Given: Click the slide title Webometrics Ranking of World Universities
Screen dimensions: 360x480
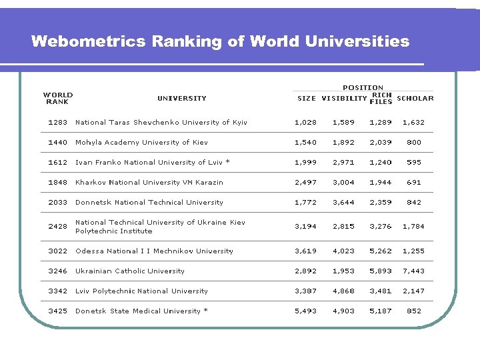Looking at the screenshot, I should click(220, 41).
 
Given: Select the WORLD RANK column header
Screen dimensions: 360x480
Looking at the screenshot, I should click(58, 98).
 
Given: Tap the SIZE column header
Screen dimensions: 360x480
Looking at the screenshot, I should click(307, 99).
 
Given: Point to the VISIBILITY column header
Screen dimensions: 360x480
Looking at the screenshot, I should click(344, 99).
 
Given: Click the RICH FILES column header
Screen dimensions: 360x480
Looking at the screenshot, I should click(381, 98).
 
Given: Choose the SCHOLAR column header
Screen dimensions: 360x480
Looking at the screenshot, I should click(415, 99).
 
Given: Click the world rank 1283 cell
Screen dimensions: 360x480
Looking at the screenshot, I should click(58, 123).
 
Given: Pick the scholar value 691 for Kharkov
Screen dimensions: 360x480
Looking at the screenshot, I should click(414, 183).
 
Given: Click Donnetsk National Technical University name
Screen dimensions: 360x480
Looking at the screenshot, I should click(149, 203).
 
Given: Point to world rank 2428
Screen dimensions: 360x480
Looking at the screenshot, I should click(58, 227).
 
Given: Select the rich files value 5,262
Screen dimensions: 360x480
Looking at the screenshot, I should click(381, 251).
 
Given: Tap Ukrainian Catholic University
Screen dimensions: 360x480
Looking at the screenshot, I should click(130, 271).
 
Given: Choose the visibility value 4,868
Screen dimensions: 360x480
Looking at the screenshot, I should click(343, 291).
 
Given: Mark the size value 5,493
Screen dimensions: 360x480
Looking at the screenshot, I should click(306, 311).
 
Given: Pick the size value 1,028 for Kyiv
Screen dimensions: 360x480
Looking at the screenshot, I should click(306, 123).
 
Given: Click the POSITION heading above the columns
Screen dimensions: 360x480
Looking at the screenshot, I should click(363, 87).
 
